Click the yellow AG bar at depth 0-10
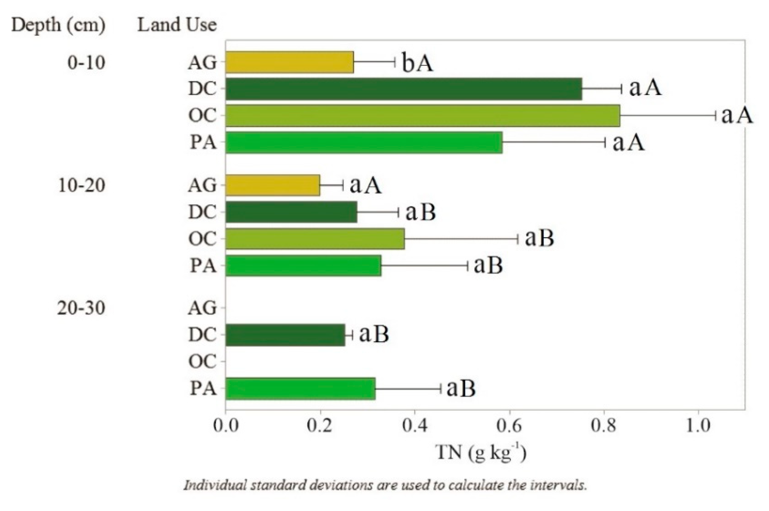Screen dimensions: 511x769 point(289,62)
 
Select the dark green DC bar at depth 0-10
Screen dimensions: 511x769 point(403,89)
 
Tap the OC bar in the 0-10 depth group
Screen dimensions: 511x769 point(422,116)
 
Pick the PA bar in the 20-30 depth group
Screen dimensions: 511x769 point(300,389)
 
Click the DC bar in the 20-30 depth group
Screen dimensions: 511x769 point(285,335)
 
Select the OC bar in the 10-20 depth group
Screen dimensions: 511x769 point(315,239)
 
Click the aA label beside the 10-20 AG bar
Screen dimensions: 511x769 point(365,185)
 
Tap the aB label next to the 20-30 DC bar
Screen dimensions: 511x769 point(374,334)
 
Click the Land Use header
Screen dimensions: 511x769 point(177,25)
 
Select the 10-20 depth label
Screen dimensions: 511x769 point(81,185)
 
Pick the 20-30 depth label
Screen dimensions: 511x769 point(81,308)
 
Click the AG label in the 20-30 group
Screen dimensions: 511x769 point(202,308)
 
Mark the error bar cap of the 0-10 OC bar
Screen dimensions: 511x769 point(715,116)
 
